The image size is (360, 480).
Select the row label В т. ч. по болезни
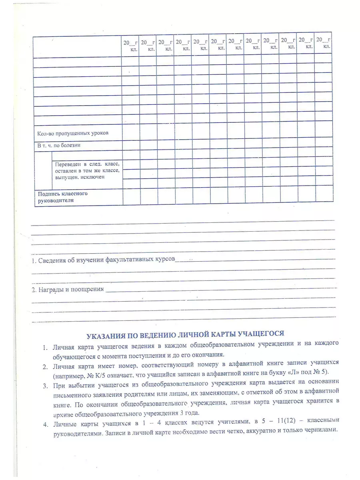tap(59, 145)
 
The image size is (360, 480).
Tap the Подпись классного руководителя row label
tap(63, 197)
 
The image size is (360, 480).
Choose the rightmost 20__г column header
tap(324, 40)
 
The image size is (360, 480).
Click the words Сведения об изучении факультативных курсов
tap(106, 260)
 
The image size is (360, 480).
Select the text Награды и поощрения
tap(71, 289)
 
